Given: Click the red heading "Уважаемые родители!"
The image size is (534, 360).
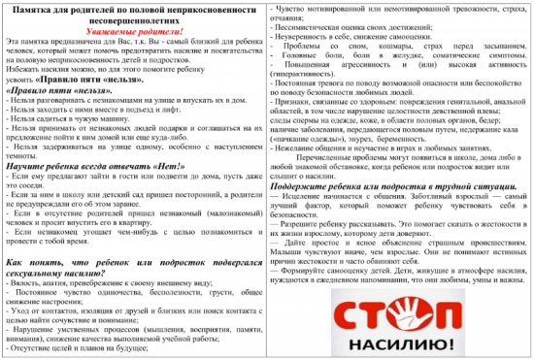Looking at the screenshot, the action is click(x=134, y=29).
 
